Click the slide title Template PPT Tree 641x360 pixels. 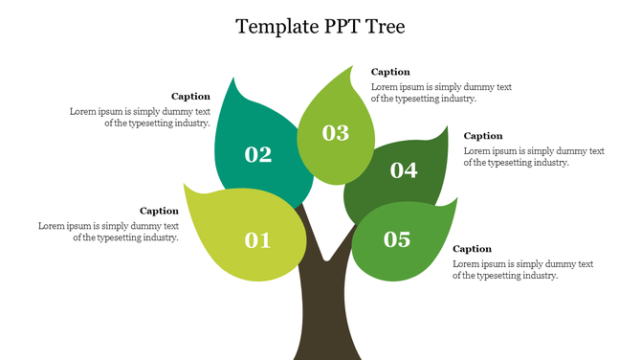click(320, 26)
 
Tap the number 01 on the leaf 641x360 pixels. click(258, 240)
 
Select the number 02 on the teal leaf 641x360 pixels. click(258, 154)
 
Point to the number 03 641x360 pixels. click(336, 133)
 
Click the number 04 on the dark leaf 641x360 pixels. click(404, 170)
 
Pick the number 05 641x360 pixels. click(397, 239)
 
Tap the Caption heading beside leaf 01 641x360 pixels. click(159, 211)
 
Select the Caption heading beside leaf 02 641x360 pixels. click(190, 96)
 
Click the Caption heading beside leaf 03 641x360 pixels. click(390, 72)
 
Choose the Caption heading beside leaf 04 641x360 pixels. click(483, 136)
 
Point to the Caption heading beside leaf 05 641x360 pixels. click(472, 249)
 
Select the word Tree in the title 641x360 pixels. click(383, 26)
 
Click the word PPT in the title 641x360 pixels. click(332, 26)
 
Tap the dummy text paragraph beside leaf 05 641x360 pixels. click(522, 270)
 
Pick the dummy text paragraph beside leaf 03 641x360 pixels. click(441, 93)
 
